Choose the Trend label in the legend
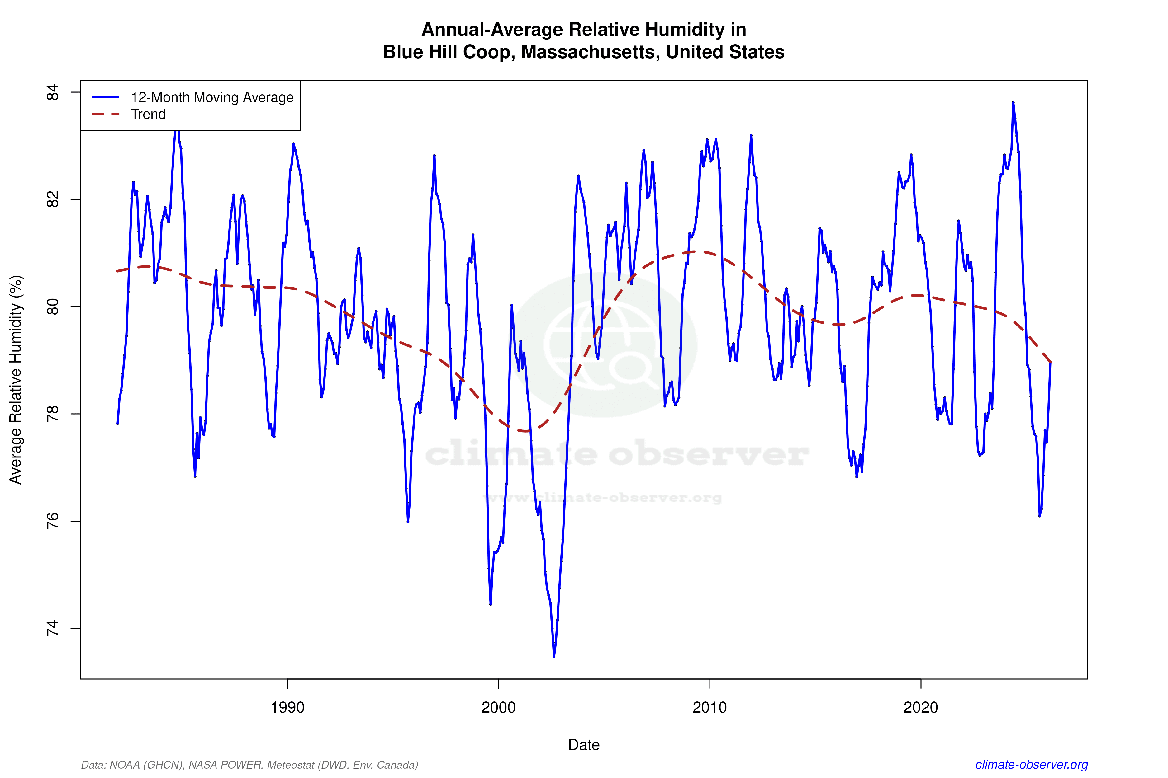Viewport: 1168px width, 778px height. point(148,114)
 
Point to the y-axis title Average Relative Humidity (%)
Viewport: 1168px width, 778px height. point(16,380)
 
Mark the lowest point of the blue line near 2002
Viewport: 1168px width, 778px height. point(554,656)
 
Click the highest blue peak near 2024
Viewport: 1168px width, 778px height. point(1013,103)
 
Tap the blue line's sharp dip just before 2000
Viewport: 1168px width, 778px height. point(490,604)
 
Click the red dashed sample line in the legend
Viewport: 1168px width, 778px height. point(106,114)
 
